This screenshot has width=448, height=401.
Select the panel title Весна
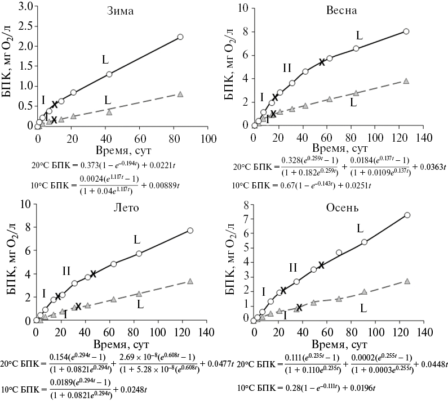click(x=338, y=12)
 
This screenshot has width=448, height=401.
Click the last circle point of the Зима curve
click(x=180, y=37)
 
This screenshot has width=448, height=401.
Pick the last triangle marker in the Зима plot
click(x=180, y=94)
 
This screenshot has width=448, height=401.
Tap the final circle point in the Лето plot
click(x=190, y=231)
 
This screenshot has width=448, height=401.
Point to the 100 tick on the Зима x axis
click(x=209, y=137)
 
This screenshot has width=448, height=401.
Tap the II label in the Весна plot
click(x=287, y=69)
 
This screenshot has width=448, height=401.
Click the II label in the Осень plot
click(x=293, y=268)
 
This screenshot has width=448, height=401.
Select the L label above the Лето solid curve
click(x=137, y=240)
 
